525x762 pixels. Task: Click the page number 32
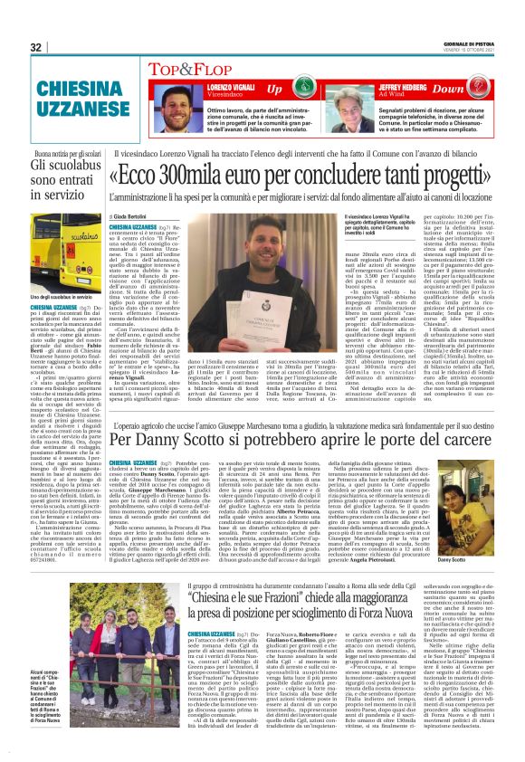coord(36,47)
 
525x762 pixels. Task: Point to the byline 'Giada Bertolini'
coord(132,219)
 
